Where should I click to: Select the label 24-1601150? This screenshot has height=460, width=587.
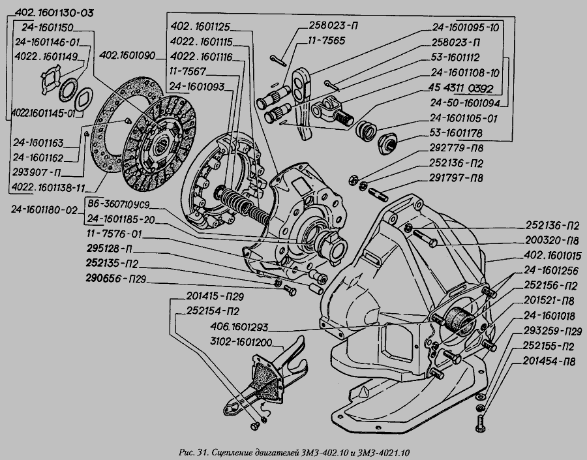pyautogui.click(x=47, y=27)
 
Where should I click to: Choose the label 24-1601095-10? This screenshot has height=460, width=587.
pyautogui.click(x=465, y=27)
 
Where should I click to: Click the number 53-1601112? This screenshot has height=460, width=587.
pyautogui.click(x=459, y=56)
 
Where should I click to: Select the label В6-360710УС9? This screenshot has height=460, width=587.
pyautogui.click(x=125, y=205)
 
